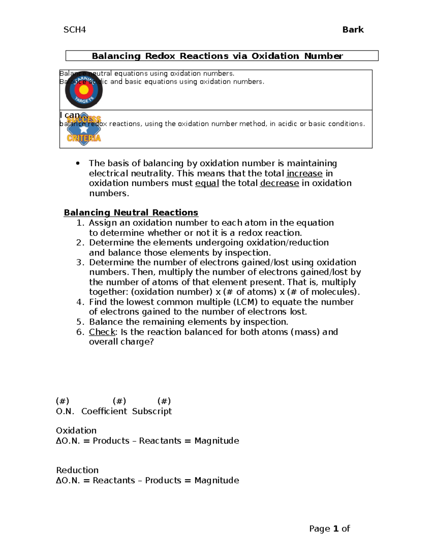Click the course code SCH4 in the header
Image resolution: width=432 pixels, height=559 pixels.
tap(75, 30)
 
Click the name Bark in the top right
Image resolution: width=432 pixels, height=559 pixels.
tap(353, 30)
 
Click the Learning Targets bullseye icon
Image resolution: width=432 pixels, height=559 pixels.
tap(84, 90)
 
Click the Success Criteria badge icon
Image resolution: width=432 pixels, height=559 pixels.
tap(84, 129)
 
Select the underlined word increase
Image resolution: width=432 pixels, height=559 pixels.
tap(304, 173)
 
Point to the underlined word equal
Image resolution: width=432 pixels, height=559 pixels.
tap(207, 183)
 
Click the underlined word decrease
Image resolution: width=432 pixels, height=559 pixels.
tap(279, 183)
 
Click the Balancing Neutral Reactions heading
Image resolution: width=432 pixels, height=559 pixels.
tap(131, 213)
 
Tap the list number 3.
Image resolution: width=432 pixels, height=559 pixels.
tap(80, 262)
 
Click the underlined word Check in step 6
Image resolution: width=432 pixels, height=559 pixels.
tap(102, 332)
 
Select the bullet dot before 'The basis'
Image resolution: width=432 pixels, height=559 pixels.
tap(77, 163)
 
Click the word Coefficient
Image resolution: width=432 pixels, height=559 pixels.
tap(104, 411)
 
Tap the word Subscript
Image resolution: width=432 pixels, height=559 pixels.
tap(152, 411)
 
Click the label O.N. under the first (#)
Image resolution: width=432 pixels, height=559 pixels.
tap(65, 411)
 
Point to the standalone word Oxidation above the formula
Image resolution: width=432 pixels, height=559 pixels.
tap(76, 430)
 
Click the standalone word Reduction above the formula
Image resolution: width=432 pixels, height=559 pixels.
tap(77, 470)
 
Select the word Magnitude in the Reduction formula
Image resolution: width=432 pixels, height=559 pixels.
tap(217, 480)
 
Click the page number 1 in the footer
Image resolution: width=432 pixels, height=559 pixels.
tap(336, 528)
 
